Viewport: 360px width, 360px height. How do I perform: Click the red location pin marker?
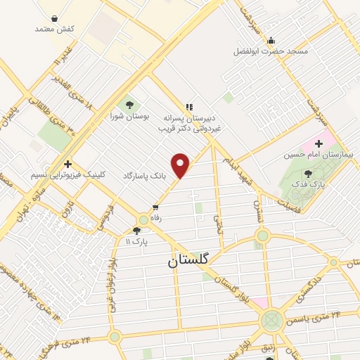(x=181, y=165)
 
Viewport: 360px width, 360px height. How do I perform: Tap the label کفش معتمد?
(x=55, y=29)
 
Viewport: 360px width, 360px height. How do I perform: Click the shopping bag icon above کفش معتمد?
(x=55, y=18)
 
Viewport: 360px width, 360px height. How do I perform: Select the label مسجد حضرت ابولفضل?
(x=271, y=51)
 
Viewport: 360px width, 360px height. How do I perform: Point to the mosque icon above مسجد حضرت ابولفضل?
(x=271, y=39)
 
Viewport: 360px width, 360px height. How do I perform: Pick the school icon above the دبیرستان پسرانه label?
(x=188, y=106)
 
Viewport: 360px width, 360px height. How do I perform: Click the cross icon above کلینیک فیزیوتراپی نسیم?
(x=67, y=163)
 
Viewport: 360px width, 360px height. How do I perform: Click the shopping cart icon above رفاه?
(x=155, y=207)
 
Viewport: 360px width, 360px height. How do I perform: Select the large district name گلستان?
(x=188, y=260)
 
